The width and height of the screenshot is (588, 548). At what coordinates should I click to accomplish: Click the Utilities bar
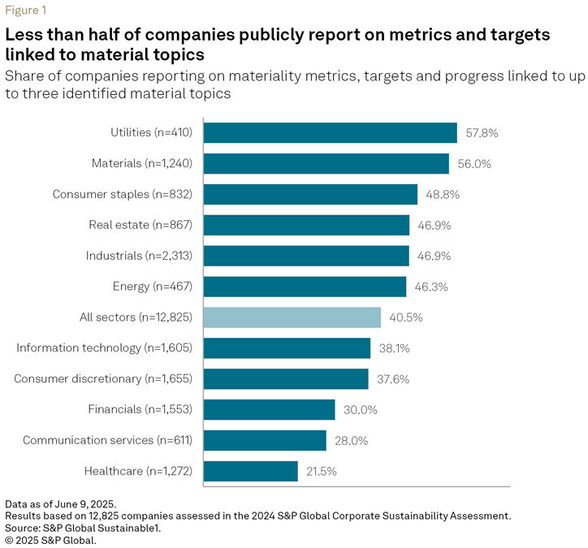pos(329,133)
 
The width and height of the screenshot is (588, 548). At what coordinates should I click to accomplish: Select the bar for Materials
pos(325,164)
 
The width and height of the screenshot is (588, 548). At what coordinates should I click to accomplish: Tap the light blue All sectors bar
pos(292,317)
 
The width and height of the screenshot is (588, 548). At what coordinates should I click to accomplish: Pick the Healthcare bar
pos(250,471)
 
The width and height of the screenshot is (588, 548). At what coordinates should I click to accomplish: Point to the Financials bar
pos(269,409)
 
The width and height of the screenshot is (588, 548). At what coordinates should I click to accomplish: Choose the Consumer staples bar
pos(309,195)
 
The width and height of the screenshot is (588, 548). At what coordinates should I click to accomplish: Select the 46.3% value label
pos(430,287)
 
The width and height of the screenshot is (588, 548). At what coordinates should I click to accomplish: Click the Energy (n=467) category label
pos(153,287)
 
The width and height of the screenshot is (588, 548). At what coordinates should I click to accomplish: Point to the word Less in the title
pos(24,36)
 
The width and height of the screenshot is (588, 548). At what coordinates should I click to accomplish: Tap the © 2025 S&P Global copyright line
pos(50,539)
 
